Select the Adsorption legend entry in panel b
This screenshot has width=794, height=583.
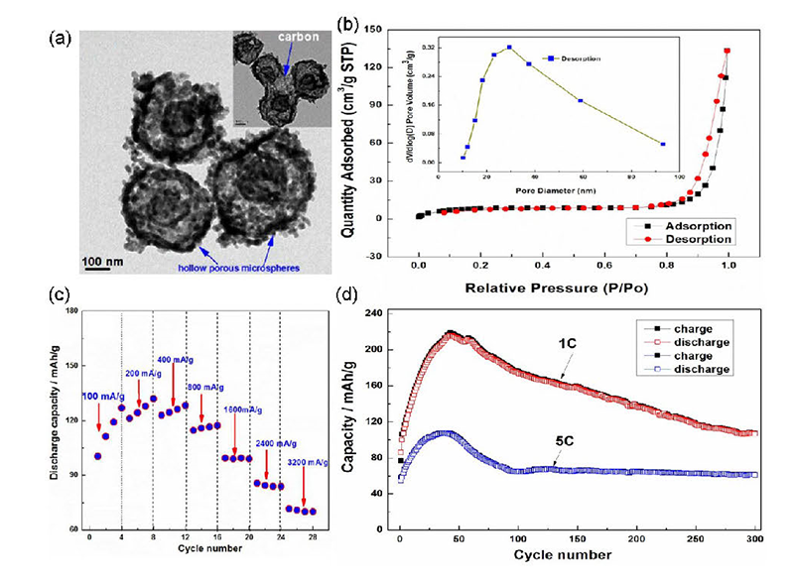(691, 225)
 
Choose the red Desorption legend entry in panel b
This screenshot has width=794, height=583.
(691, 239)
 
